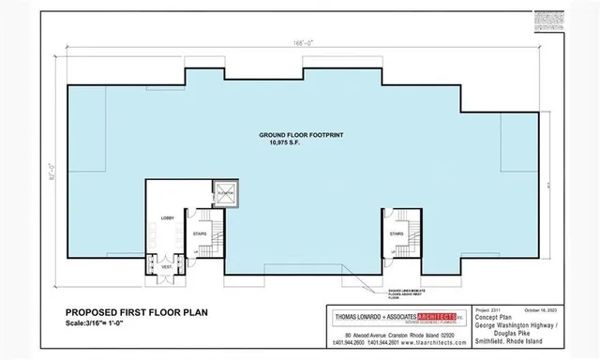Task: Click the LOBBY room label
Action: click(x=168, y=217)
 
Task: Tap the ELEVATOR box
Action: click(x=224, y=193)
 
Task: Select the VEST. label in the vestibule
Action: click(x=166, y=266)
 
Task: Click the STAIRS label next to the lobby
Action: click(x=199, y=233)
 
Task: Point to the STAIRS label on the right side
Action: click(x=397, y=233)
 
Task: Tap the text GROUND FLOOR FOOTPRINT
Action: click(x=301, y=136)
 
